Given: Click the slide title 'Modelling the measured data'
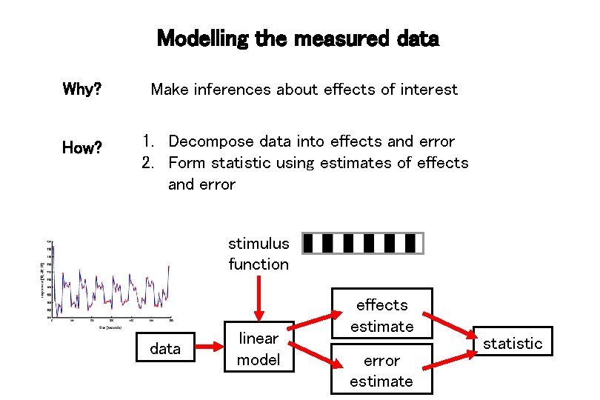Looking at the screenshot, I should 298,38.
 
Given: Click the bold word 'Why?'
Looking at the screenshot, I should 82,90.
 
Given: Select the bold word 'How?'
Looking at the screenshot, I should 82,148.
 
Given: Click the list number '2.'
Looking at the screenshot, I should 151,162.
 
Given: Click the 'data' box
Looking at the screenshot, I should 165,348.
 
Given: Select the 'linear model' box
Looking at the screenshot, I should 258,349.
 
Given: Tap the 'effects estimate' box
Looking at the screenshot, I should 381,315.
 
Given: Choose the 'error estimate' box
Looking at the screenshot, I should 381,370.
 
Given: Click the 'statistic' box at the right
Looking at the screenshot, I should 513,343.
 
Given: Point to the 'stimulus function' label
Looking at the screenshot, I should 259,253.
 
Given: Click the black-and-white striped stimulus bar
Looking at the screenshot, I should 363,243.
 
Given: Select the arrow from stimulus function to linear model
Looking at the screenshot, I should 259,296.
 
